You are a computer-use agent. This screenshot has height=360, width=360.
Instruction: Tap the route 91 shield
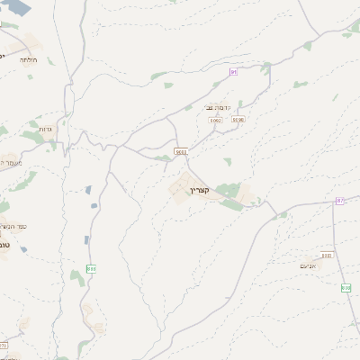click(x=233, y=71)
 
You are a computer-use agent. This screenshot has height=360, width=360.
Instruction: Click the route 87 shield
click(x=340, y=200)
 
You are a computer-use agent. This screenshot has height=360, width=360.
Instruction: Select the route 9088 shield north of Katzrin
click(x=181, y=152)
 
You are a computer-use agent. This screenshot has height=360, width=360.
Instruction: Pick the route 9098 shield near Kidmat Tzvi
click(x=238, y=118)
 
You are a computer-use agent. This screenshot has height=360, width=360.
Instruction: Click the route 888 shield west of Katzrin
click(x=91, y=268)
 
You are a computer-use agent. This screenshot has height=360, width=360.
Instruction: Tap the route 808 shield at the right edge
click(x=346, y=287)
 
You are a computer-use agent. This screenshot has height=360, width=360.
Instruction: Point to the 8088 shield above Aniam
click(x=326, y=256)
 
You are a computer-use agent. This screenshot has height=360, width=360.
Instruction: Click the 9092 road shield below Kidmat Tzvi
click(x=215, y=119)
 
